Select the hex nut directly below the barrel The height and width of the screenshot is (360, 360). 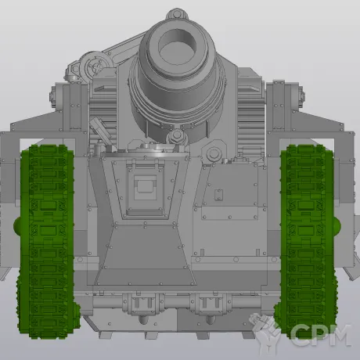click(177, 135)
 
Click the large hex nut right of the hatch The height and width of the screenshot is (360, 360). click(213, 153)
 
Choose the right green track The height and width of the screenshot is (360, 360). click(307, 241)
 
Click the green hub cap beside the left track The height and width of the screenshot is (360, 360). click(16, 225)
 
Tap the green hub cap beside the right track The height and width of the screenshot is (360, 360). click(337, 225)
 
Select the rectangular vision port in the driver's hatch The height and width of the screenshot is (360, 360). click(145, 183)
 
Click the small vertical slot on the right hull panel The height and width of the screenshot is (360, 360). click(218, 194)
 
